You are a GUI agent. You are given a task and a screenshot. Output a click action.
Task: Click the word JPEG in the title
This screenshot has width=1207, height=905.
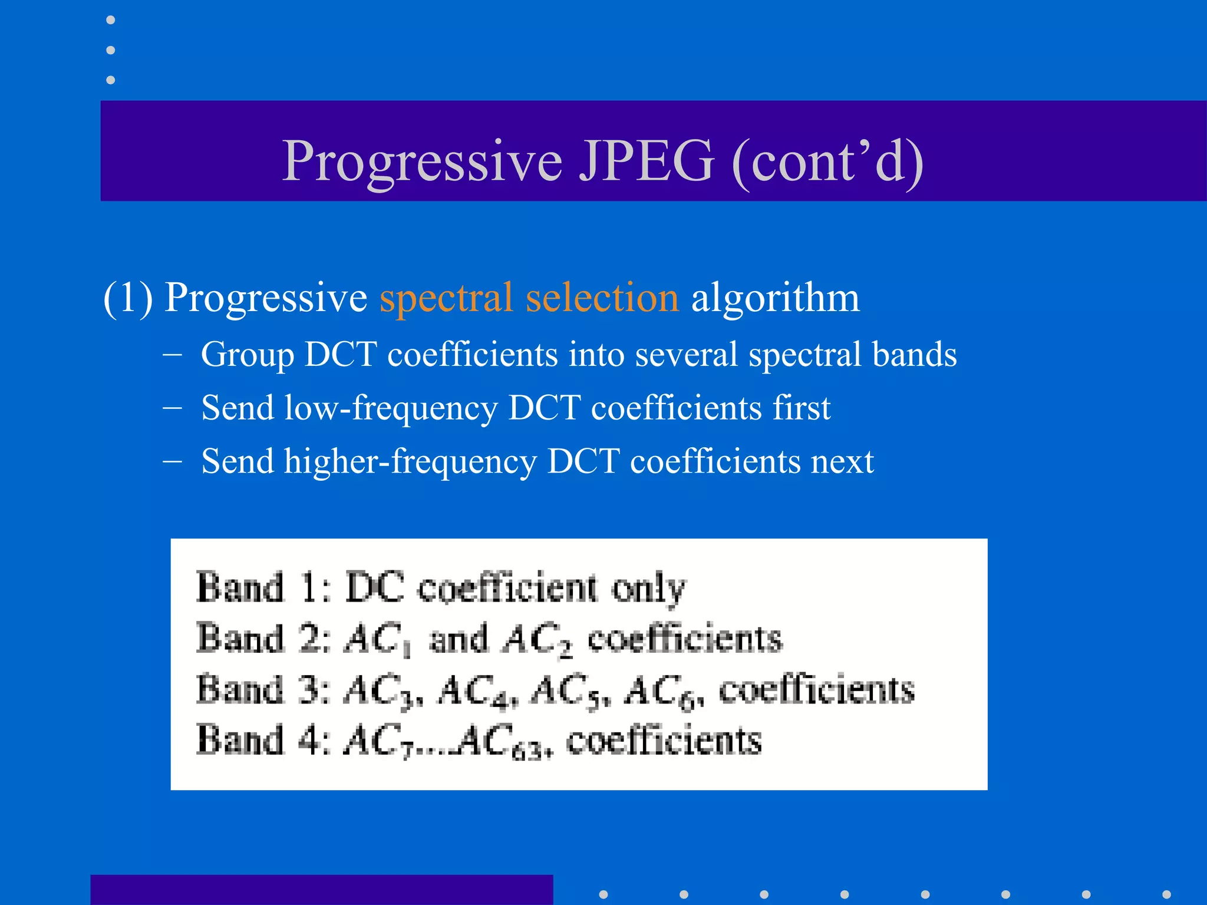tap(646, 160)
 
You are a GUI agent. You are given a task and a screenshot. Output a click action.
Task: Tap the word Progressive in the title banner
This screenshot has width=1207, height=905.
tap(422, 160)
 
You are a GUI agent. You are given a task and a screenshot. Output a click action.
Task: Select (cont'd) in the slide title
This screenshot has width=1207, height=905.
tap(827, 160)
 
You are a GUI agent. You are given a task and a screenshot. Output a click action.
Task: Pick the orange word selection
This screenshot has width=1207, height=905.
tap(602, 298)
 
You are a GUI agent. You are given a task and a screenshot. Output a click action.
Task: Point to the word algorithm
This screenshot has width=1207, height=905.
tap(775, 298)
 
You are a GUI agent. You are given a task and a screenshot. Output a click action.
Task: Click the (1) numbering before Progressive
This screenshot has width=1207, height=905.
tap(128, 298)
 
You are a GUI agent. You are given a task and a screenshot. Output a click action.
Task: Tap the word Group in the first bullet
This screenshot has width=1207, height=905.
tap(248, 355)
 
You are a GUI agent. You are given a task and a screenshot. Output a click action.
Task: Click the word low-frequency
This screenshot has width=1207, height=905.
tap(391, 408)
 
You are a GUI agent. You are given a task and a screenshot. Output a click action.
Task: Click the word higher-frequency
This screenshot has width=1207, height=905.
tap(410, 461)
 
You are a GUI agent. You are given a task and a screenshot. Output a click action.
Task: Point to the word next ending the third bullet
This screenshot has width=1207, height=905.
tap(842, 461)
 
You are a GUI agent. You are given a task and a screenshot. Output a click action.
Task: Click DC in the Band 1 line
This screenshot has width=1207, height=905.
tap(375, 587)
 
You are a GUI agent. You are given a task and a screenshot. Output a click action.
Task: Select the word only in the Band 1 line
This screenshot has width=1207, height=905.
tap(648, 589)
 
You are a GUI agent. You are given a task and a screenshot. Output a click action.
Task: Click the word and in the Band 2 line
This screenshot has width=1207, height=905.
tap(459, 639)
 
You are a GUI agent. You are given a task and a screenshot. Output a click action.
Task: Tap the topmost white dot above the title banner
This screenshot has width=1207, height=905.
tap(110, 20)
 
